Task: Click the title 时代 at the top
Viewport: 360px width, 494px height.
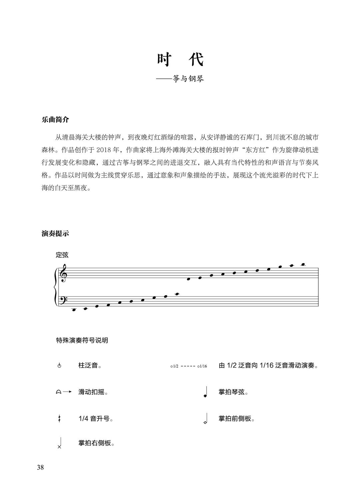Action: [180, 60]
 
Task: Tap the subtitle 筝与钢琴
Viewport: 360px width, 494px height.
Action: [188, 79]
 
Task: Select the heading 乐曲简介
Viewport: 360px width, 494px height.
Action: [55, 120]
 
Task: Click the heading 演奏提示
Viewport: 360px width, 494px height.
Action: [55, 233]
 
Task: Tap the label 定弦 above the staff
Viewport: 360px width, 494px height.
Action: [62, 255]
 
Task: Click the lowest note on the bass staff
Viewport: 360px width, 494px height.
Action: [74, 310]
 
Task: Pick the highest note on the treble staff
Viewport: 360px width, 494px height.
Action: [303, 265]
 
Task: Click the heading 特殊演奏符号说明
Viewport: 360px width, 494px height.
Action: [82, 341]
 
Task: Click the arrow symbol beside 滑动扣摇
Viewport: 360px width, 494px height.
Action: [63, 392]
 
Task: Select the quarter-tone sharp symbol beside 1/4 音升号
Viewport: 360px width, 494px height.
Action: [59, 419]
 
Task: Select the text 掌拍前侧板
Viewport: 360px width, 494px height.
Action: [236, 419]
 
